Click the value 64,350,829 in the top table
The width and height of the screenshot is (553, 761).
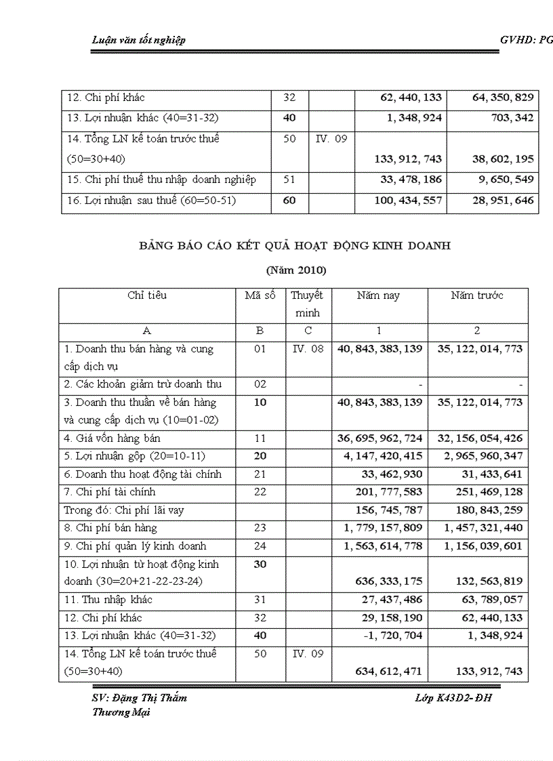tap(502, 98)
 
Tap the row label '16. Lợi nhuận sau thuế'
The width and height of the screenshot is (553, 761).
tap(150, 201)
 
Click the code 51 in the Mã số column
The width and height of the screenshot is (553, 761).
tap(289, 180)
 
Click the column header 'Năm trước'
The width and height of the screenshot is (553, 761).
tap(477, 295)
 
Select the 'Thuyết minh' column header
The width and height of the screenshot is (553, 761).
tap(307, 304)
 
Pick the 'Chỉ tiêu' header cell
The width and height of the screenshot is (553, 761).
tap(147, 295)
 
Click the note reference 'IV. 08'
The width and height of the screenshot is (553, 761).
tap(307, 349)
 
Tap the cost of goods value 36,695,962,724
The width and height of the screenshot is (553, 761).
tap(380, 438)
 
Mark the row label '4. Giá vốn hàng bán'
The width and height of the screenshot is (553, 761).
tap(112, 438)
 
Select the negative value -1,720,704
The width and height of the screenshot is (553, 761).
tap(392, 636)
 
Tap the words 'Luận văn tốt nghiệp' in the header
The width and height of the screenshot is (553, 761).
tap(138, 40)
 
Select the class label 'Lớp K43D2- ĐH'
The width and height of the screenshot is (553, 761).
tap(453, 698)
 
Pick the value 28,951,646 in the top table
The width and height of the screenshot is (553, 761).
tap(502, 201)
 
